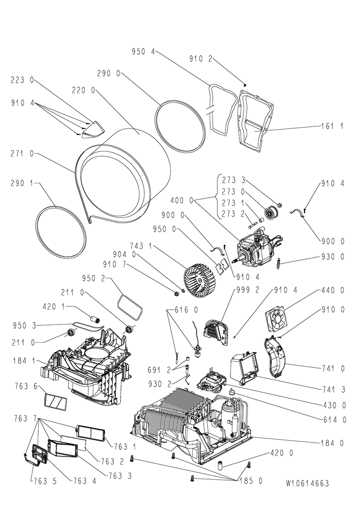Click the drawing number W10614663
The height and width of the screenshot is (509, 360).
point(307,483)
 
